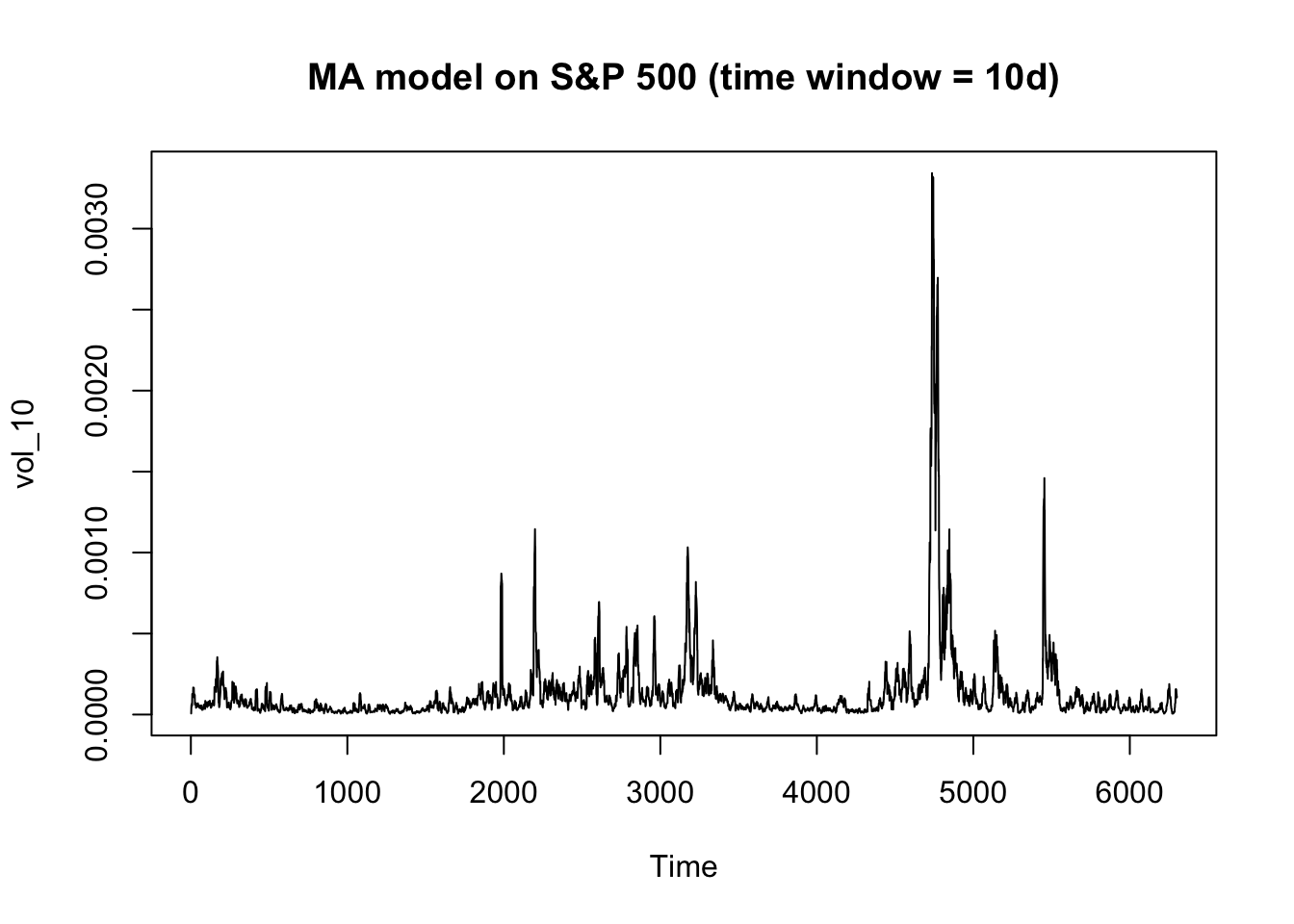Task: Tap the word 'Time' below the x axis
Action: pos(684,866)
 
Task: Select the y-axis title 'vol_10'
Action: pos(25,444)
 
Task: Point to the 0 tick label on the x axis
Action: pos(190,792)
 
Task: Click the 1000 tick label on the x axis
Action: pos(348,792)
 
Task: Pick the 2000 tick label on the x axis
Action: pos(504,792)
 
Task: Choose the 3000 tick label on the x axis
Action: pos(660,792)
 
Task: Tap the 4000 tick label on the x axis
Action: pos(816,792)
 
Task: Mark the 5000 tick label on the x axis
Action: pos(972,792)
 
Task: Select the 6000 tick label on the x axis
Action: pos(1129,792)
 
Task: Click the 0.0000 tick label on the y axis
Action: pos(96,715)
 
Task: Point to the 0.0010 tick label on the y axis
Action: pos(96,552)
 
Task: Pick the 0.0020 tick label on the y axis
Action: pos(96,391)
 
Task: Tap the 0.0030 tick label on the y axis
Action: pos(96,229)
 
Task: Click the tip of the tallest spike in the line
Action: pos(932,173)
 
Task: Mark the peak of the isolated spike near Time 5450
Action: pos(1044,478)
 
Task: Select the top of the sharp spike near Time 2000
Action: pos(501,574)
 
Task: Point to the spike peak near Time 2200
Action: pos(535,529)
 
